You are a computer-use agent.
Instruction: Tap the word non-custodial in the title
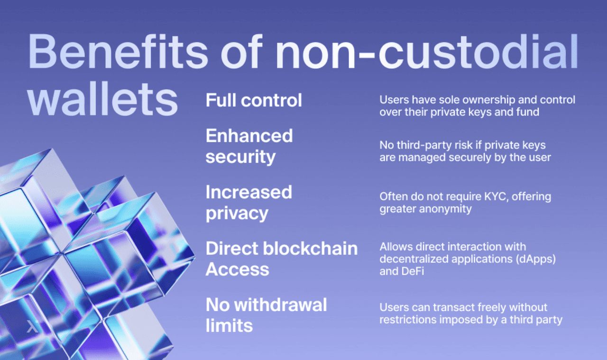pos(427,52)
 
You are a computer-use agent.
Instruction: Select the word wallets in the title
pos(103,100)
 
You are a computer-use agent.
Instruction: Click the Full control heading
pos(254,100)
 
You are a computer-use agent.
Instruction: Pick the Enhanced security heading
pos(249,147)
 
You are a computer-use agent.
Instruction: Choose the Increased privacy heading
pos(249,203)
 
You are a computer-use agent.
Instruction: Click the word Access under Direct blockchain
pos(238,269)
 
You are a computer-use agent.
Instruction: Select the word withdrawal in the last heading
pos(280,305)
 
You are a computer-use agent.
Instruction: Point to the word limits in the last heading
pos(229,325)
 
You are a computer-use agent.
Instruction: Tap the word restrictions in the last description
pos(408,320)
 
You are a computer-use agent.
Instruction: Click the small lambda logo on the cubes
pos(32,326)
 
